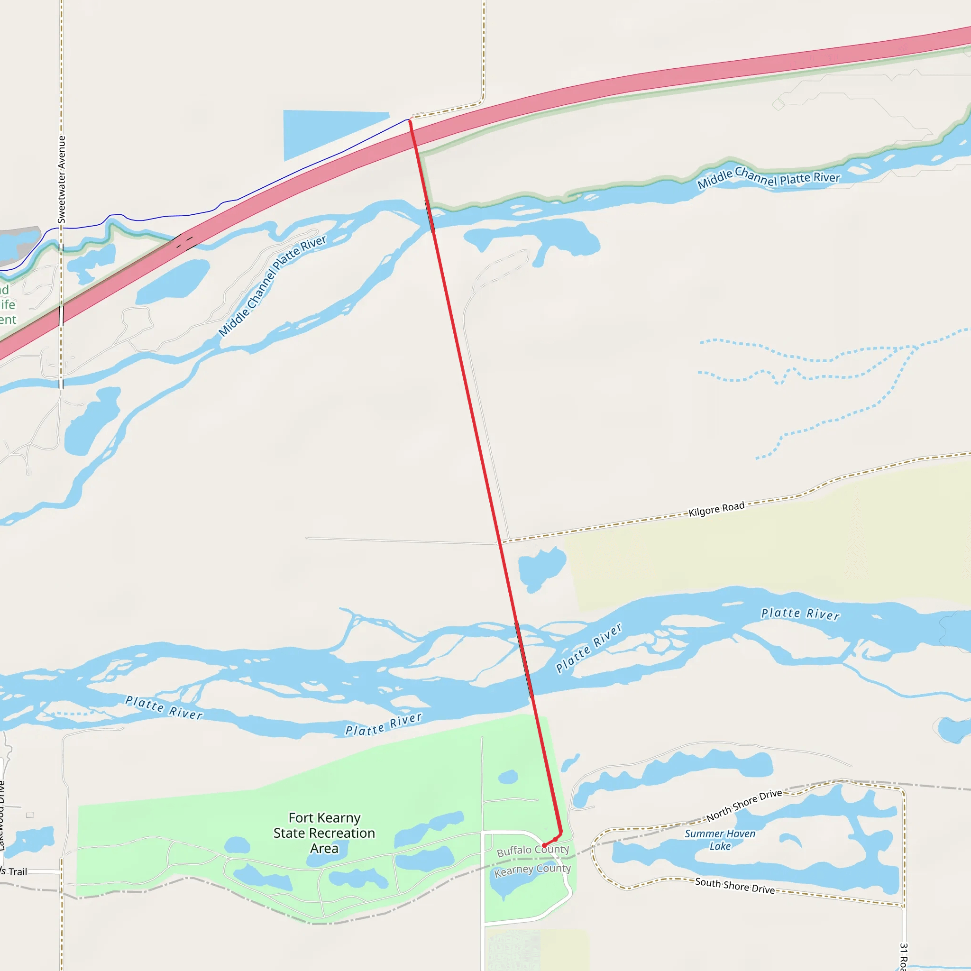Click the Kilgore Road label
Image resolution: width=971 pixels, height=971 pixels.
click(716, 509)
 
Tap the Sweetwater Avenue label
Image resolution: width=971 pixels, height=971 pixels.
click(61, 179)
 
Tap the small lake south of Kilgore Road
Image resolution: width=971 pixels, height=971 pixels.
click(540, 568)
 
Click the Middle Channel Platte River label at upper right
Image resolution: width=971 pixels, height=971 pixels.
click(769, 177)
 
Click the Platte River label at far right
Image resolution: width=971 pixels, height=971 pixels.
click(800, 614)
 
